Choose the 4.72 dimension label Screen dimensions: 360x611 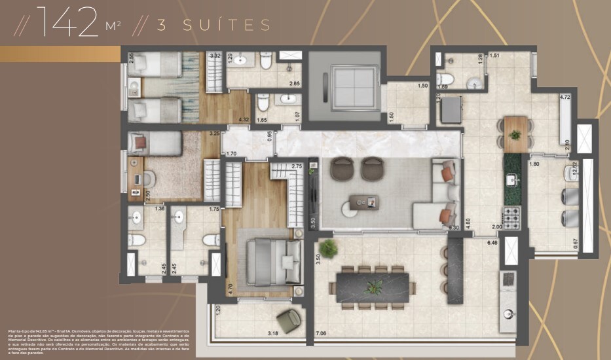pos(565,98)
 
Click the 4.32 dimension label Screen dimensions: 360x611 pos(243,119)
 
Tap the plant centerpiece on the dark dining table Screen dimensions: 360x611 pos(374,287)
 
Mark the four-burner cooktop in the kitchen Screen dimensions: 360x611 pos(510,214)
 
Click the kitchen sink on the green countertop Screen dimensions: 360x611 pos(511,179)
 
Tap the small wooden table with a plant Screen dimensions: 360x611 pos(515,134)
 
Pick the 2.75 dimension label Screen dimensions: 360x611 pos(297,167)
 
